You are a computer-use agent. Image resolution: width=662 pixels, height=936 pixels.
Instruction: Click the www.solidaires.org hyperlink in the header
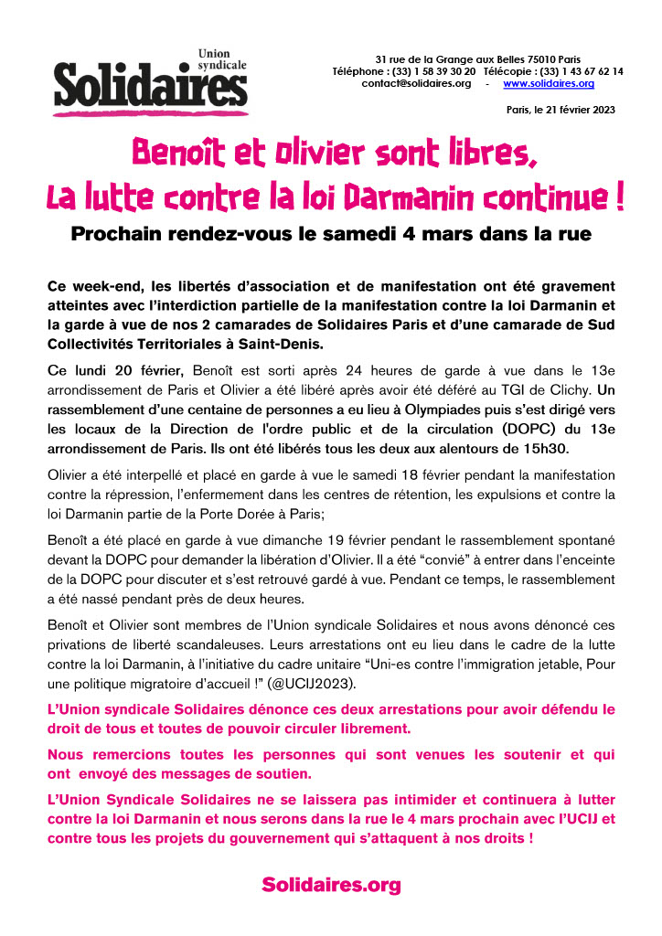point(549,83)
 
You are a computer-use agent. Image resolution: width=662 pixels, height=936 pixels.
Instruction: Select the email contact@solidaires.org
point(416,83)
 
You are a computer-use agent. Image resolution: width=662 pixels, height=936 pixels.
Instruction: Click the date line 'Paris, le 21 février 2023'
point(561,110)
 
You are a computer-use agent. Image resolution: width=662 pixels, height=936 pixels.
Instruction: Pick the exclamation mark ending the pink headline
point(619,197)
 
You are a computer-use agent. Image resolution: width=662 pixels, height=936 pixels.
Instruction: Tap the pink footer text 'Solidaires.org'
point(331,884)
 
